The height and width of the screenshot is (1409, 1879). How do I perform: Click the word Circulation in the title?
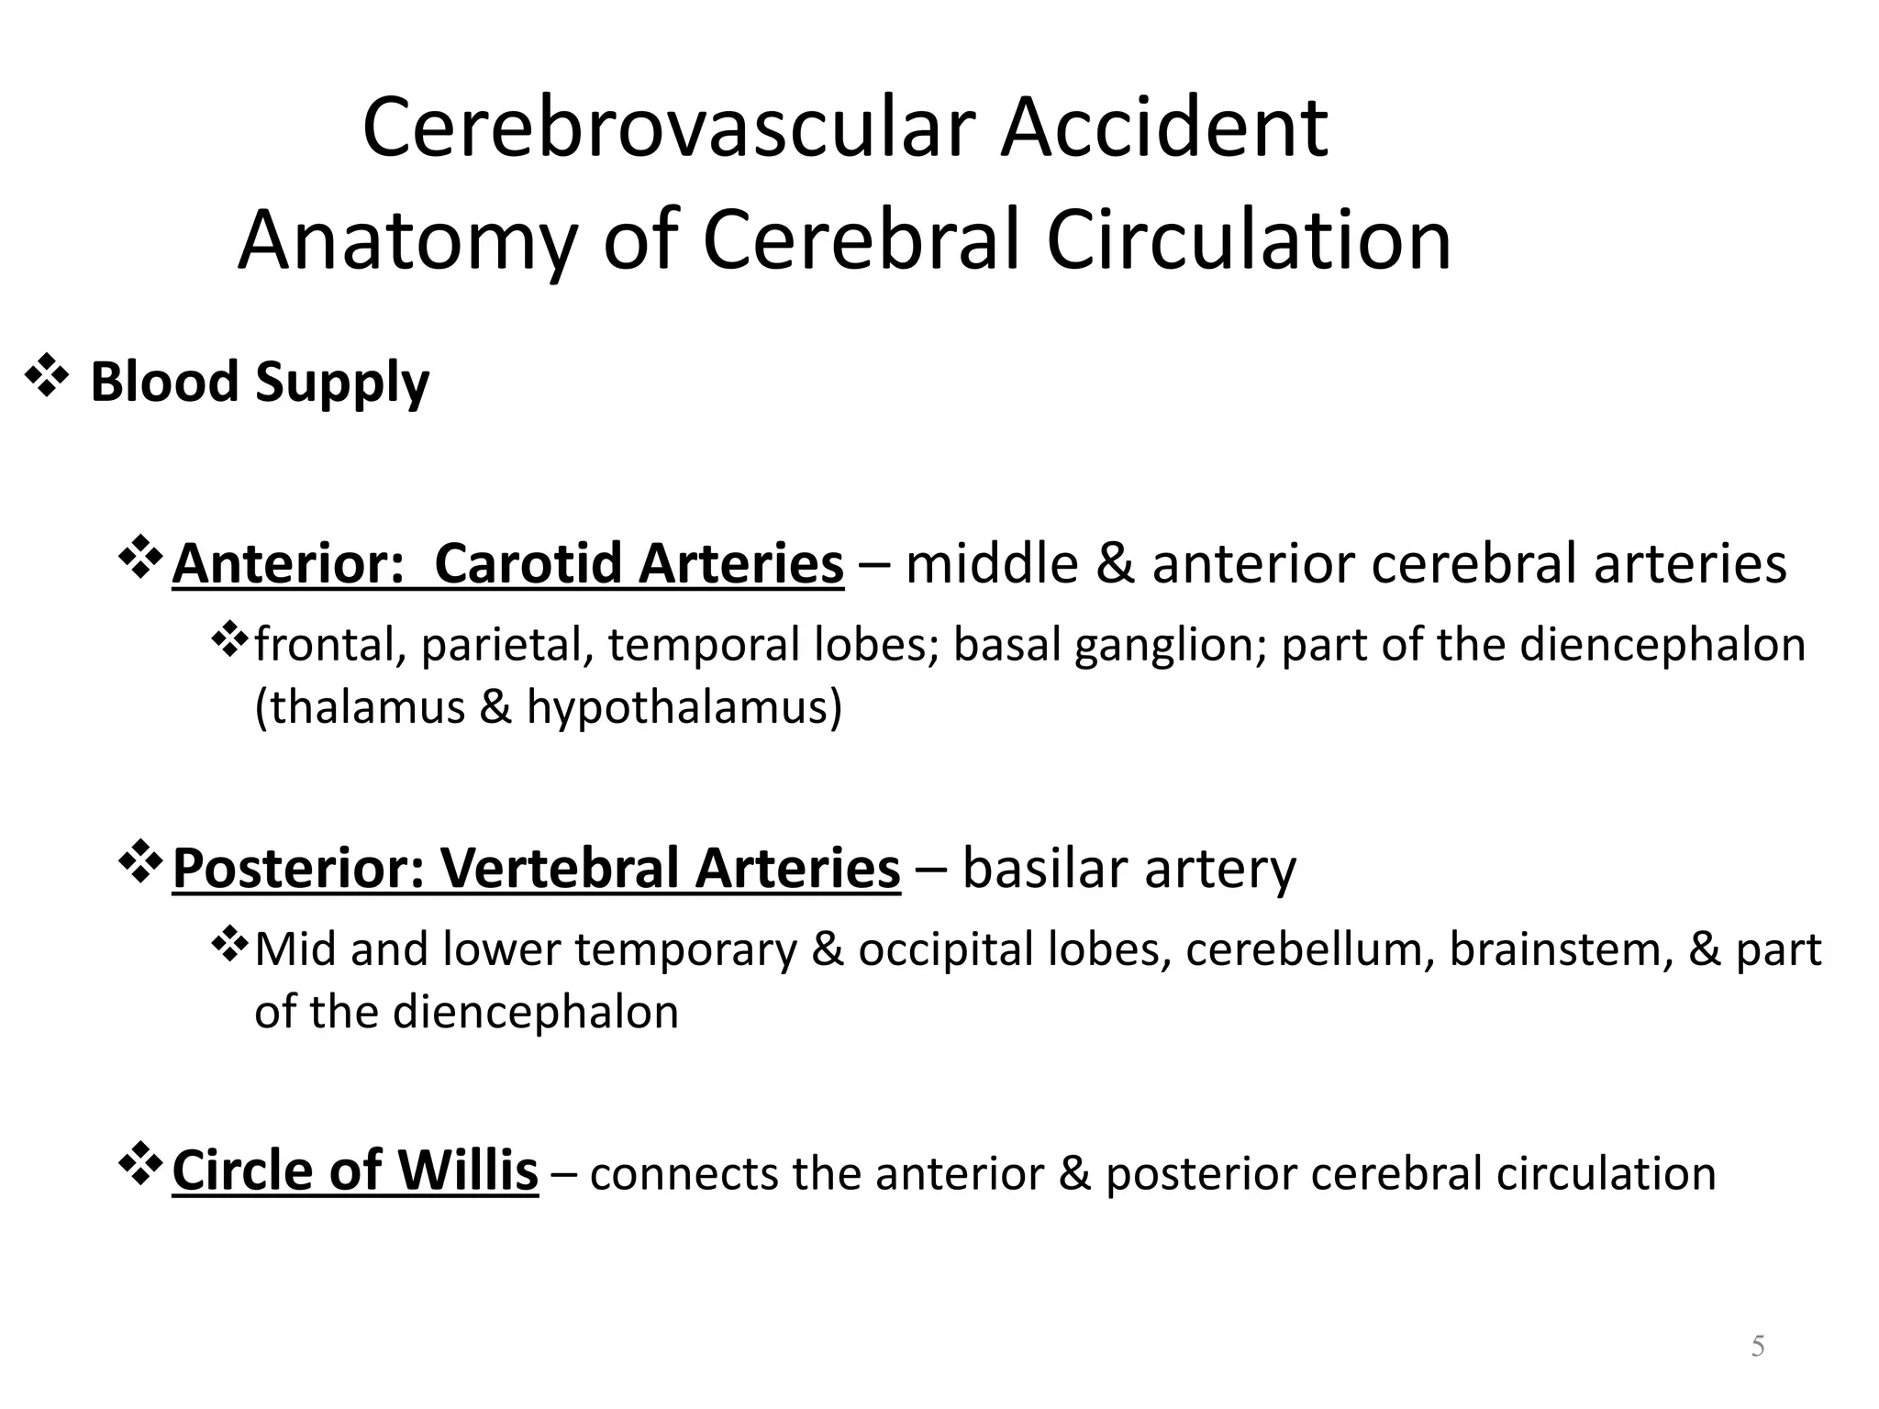click(1249, 240)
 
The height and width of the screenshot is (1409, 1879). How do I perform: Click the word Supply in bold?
click(342, 383)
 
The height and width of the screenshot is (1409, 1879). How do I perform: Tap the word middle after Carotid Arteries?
click(992, 563)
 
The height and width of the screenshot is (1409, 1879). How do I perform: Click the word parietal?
click(502, 645)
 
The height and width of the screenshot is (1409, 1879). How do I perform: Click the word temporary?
click(686, 950)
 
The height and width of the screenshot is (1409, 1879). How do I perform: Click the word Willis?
click(468, 1171)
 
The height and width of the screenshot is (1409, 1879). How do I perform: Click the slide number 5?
click(1758, 1347)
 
